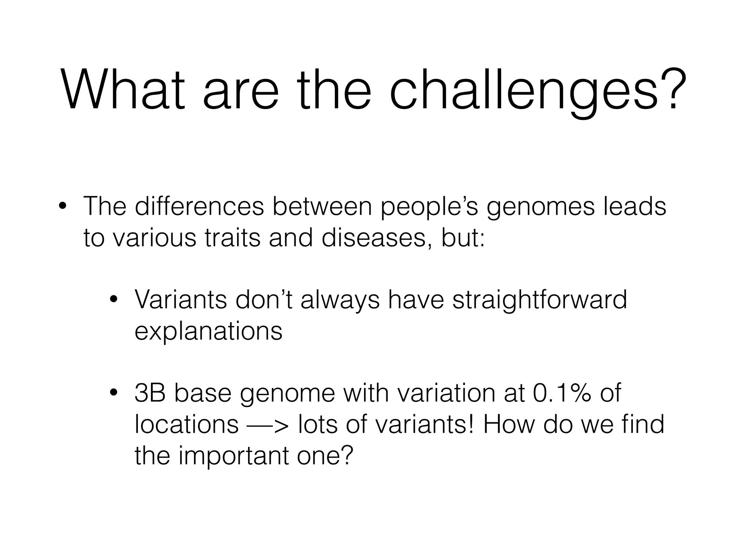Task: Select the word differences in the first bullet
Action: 199,206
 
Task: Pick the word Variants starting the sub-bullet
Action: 181,300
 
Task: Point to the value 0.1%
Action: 562,393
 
